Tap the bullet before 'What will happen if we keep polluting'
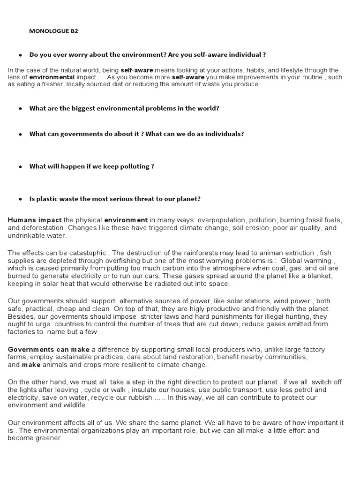pyautogui.click(x=21, y=166)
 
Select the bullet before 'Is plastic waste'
pyautogui.click(x=21, y=199)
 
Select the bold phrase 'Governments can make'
pyautogui.click(x=48, y=349)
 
